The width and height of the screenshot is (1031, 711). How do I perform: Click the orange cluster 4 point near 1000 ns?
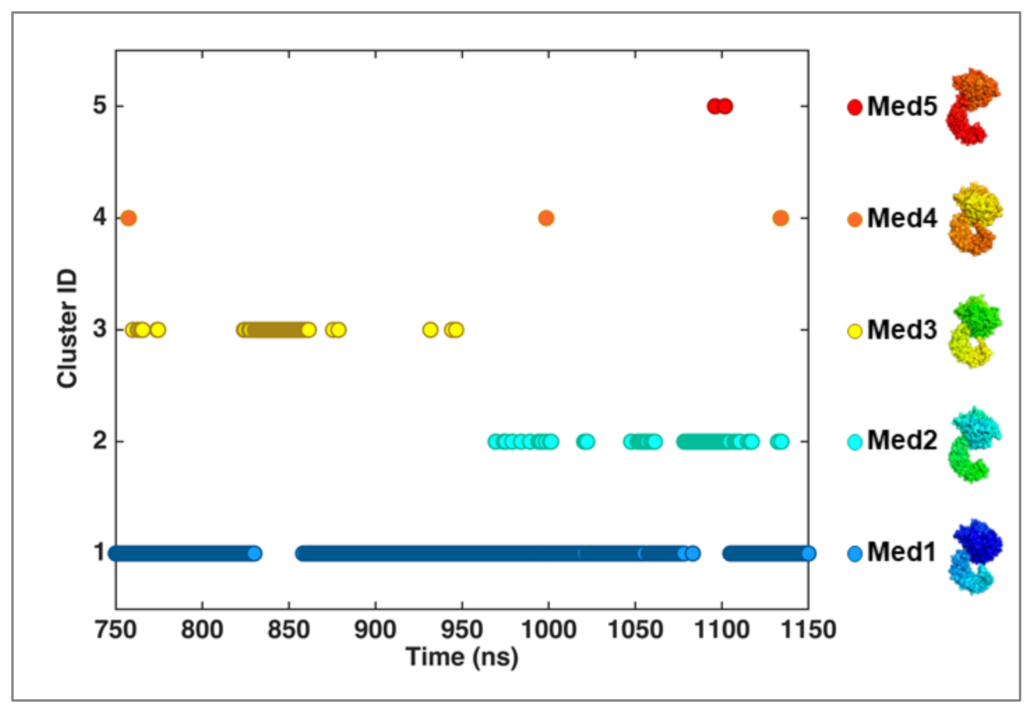point(546,218)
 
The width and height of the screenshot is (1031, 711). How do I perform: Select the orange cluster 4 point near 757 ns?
point(128,218)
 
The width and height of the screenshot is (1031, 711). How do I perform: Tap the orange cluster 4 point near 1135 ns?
point(780,218)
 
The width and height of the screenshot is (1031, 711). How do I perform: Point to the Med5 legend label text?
point(902,107)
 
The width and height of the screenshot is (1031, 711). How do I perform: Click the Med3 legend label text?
point(902,330)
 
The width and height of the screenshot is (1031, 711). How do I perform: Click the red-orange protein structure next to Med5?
point(972,107)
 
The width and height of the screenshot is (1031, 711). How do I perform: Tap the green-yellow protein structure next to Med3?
point(975,331)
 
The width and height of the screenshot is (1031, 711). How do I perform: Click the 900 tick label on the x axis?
point(375,630)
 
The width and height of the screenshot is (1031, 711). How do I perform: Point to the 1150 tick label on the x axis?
point(808,630)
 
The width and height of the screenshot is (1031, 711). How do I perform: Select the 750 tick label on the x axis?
point(116,630)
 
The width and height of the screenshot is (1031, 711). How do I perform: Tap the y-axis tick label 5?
point(100,106)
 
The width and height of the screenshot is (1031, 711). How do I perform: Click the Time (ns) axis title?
point(462,658)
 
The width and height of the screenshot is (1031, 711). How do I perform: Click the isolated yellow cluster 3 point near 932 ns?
point(430,330)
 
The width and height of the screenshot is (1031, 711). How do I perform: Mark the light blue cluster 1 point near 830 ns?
point(254,554)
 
